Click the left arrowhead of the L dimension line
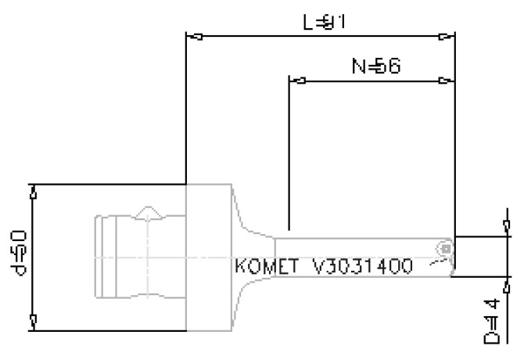coord(196,36)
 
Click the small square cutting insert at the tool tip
coord(445,249)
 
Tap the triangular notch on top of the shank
coord(146,213)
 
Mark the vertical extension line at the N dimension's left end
coord(289,157)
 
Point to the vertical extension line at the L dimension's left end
coord(185,110)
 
